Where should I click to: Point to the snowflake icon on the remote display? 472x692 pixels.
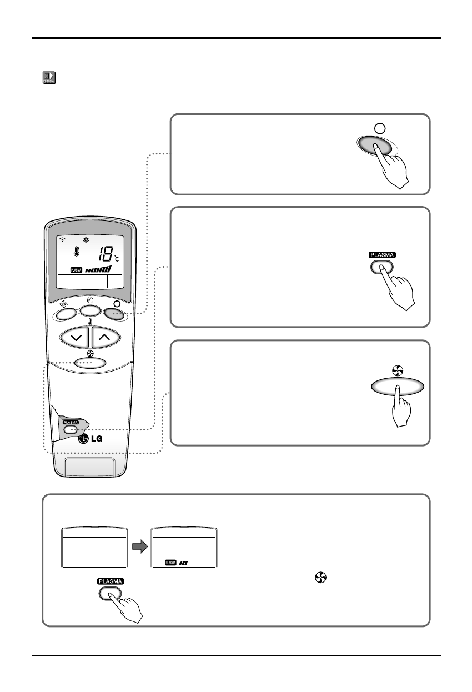pyautogui.click(x=86, y=240)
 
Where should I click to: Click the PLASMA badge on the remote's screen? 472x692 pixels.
pyautogui.click(x=76, y=269)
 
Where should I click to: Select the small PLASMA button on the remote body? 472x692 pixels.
pyautogui.click(x=71, y=429)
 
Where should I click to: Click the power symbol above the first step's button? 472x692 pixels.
pyautogui.click(x=380, y=128)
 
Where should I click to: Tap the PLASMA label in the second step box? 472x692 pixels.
pyautogui.click(x=381, y=255)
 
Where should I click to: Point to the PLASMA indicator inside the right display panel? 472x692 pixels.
pyautogui.click(x=171, y=563)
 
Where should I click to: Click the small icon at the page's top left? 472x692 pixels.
pyautogui.click(x=48, y=77)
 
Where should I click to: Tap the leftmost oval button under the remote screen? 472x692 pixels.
pyautogui.click(x=64, y=314)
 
